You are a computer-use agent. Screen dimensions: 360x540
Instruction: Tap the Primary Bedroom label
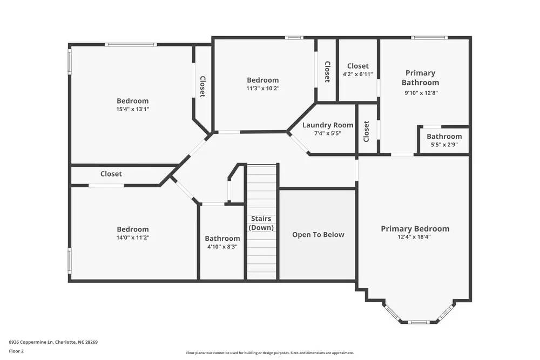click(415, 229)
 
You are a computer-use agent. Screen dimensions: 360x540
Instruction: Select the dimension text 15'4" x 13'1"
click(132, 109)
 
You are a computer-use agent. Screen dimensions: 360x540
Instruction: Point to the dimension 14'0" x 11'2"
click(132, 237)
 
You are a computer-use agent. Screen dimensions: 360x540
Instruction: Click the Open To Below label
click(318, 235)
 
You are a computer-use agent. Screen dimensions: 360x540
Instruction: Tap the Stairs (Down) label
click(261, 223)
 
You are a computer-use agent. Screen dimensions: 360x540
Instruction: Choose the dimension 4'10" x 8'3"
click(222, 247)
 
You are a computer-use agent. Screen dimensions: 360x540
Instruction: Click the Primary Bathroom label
click(420, 78)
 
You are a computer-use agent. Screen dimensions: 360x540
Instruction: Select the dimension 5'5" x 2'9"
click(444, 145)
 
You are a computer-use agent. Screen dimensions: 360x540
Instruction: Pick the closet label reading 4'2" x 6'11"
click(357, 74)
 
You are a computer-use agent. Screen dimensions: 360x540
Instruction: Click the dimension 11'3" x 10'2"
click(263, 89)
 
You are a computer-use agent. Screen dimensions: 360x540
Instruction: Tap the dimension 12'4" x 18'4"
click(415, 236)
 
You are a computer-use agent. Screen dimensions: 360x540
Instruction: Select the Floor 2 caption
click(16, 351)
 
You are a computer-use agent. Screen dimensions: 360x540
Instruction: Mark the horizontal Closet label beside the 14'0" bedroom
click(111, 174)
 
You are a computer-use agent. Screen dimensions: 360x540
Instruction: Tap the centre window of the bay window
click(418, 322)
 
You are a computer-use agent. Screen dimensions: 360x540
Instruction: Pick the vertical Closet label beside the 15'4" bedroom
click(202, 86)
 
